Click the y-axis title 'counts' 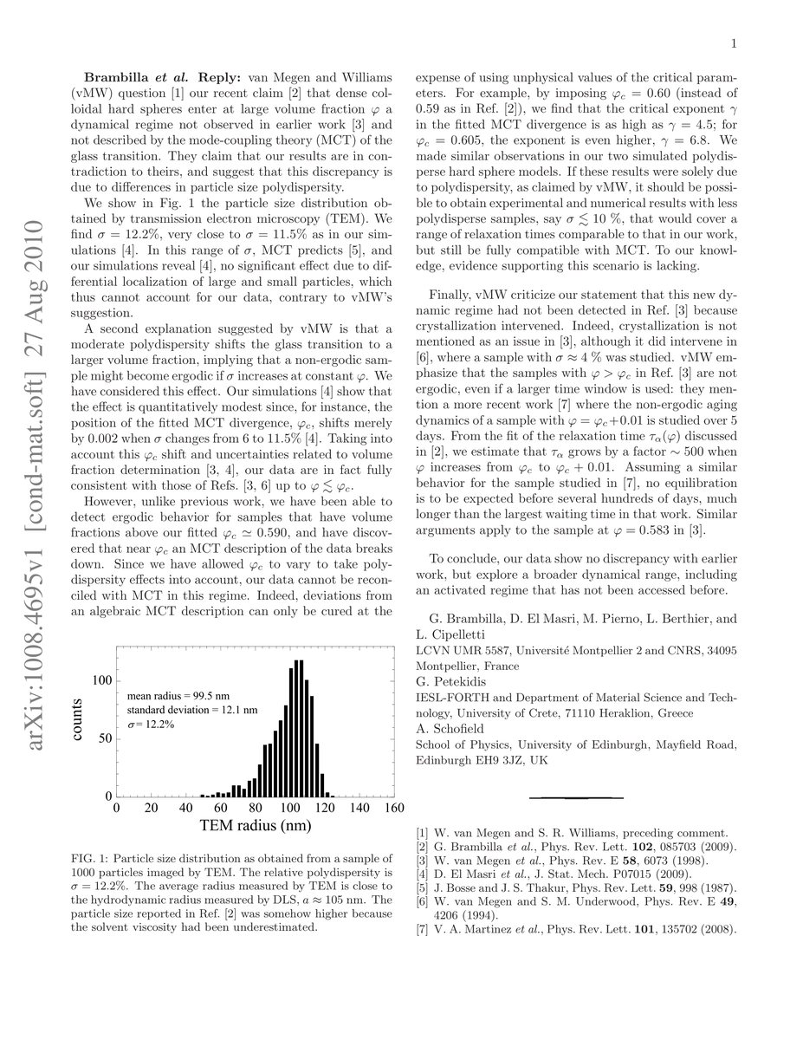[78, 719]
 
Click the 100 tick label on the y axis [102, 680]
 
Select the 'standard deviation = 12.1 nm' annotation [192, 709]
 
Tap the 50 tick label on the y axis [106, 738]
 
